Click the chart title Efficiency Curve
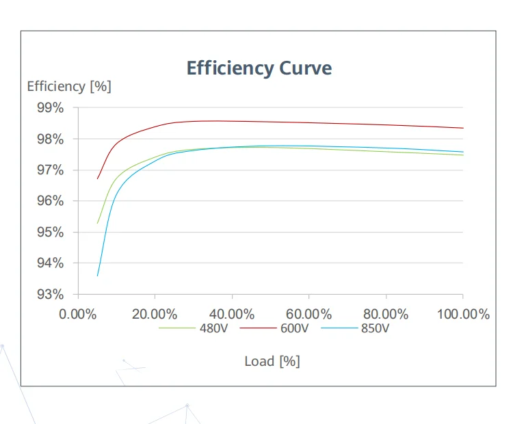[x=259, y=68]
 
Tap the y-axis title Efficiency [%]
[x=69, y=87]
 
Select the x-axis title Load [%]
[x=272, y=361]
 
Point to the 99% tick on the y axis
[x=51, y=108]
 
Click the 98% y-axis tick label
[x=51, y=140]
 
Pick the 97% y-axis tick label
[x=51, y=170]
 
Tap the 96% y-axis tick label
[x=51, y=202]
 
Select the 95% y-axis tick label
[x=51, y=233]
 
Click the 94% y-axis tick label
[x=51, y=264]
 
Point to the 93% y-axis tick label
[x=51, y=295]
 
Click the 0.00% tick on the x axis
[x=79, y=315]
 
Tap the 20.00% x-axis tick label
[x=155, y=315]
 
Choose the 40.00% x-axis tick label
[x=232, y=315]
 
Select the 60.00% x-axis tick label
[x=309, y=315]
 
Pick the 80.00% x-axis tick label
[x=386, y=315]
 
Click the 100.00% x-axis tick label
[x=463, y=315]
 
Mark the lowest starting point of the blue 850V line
[x=98, y=276]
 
